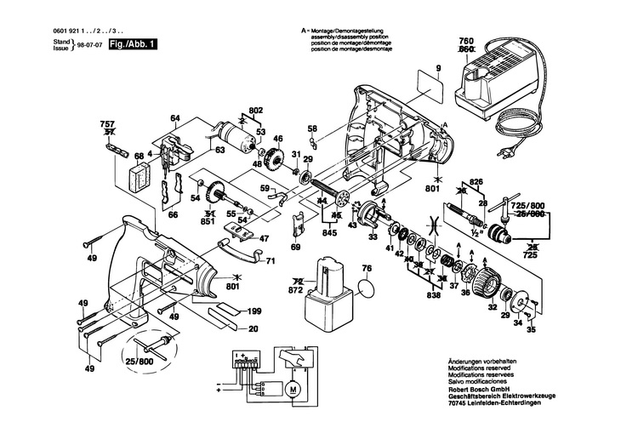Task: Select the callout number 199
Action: click(x=253, y=313)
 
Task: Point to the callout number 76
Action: click(x=367, y=270)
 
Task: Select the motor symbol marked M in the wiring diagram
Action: click(x=292, y=390)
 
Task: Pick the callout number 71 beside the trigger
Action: click(x=271, y=260)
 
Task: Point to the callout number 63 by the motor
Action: click(x=219, y=151)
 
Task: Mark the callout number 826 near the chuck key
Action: click(x=476, y=183)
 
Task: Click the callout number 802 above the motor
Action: click(x=255, y=111)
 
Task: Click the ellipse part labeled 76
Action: click(x=367, y=288)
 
